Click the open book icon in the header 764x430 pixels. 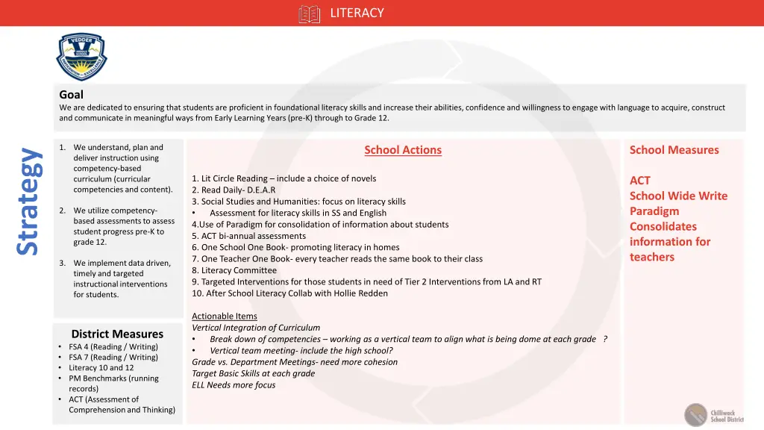click(x=309, y=13)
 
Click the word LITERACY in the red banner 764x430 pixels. click(x=357, y=13)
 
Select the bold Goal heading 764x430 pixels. click(x=71, y=95)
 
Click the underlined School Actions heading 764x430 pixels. click(x=403, y=150)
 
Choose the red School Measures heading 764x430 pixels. click(x=674, y=150)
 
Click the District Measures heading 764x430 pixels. click(x=117, y=334)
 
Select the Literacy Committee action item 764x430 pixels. click(x=234, y=270)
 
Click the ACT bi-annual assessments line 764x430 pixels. click(x=248, y=236)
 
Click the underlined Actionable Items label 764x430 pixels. click(x=225, y=316)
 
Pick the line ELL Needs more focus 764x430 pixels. click(x=234, y=385)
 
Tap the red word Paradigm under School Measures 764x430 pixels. click(x=654, y=211)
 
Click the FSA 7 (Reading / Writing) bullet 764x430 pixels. click(x=113, y=357)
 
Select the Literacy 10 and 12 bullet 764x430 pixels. click(x=101, y=367)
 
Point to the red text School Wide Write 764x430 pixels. click(x=678, y=196)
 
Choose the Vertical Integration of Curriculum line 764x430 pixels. click(x=256, y=328)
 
